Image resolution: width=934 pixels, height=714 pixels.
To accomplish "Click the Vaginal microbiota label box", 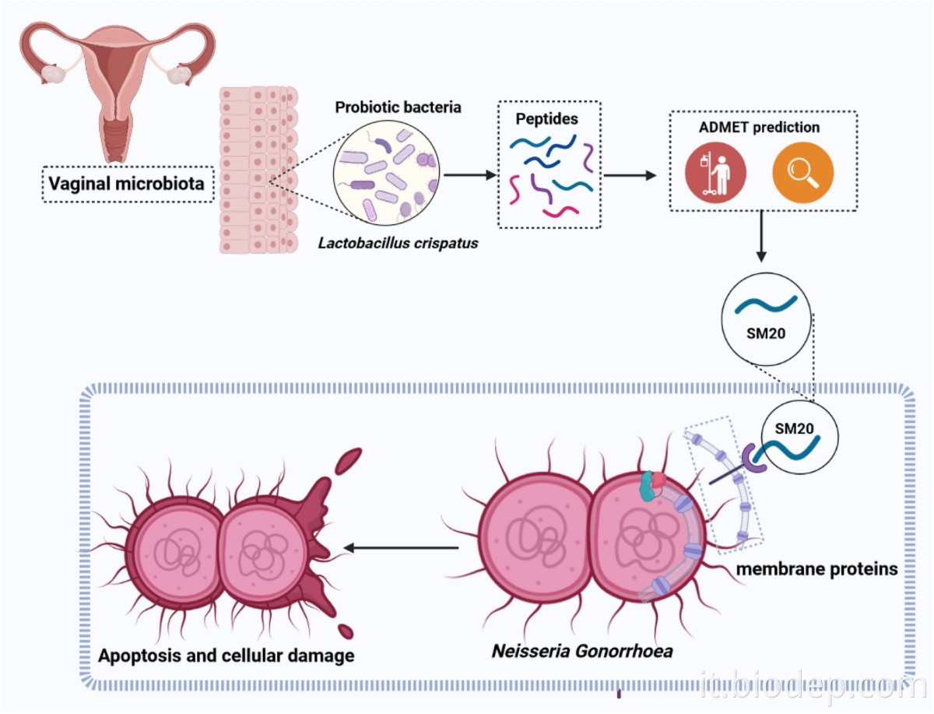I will click(127, 184).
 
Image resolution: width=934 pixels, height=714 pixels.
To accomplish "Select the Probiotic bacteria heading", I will click(398, 107).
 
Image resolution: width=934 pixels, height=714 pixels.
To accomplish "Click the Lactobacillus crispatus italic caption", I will click(398, 243).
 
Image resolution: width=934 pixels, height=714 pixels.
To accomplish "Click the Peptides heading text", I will click(546, 119).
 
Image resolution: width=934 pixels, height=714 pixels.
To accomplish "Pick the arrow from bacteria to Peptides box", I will click(469, 174).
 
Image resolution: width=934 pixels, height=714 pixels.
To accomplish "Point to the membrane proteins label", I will click(816, 568).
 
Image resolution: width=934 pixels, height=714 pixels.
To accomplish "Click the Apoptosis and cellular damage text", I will click(226, 655).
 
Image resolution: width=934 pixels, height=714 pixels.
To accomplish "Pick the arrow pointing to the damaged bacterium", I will click(401, 548).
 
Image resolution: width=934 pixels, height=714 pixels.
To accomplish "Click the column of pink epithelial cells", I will click(258, 170).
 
